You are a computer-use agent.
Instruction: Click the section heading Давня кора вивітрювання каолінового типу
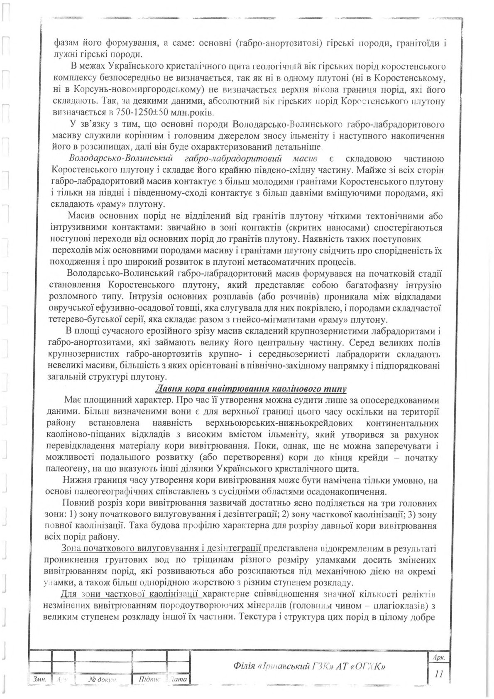tap(250, 389)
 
